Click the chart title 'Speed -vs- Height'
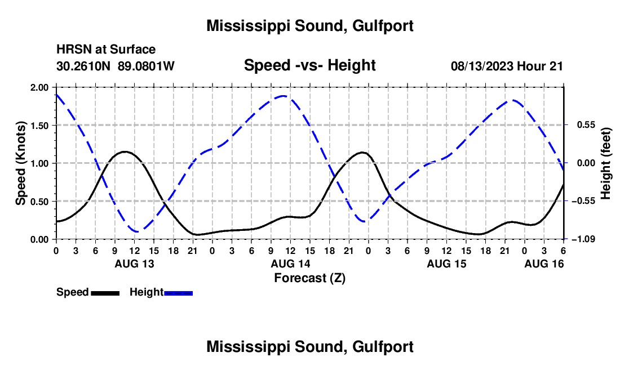[x=309, y=65]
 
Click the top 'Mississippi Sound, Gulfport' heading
[x=310, y=25]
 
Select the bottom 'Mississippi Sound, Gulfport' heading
[x=310, y=346]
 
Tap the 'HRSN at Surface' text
[x=106, y=50]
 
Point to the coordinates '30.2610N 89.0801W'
[x=116, y=66]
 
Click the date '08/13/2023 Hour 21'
[x=507, y=66]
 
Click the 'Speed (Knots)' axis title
[x=21, y=163]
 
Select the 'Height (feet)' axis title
[x=606, y=163]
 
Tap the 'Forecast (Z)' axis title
[x=309, y=278]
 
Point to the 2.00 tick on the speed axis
[x=40, y=87]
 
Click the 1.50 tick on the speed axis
[x=40, y=126]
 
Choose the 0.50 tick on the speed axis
[x=40, y=202]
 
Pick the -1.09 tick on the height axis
[x=580, y=239]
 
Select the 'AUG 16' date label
[x=544, y=264]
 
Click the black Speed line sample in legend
[x=105, y=292]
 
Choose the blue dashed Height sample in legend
[x=178, y=292]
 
